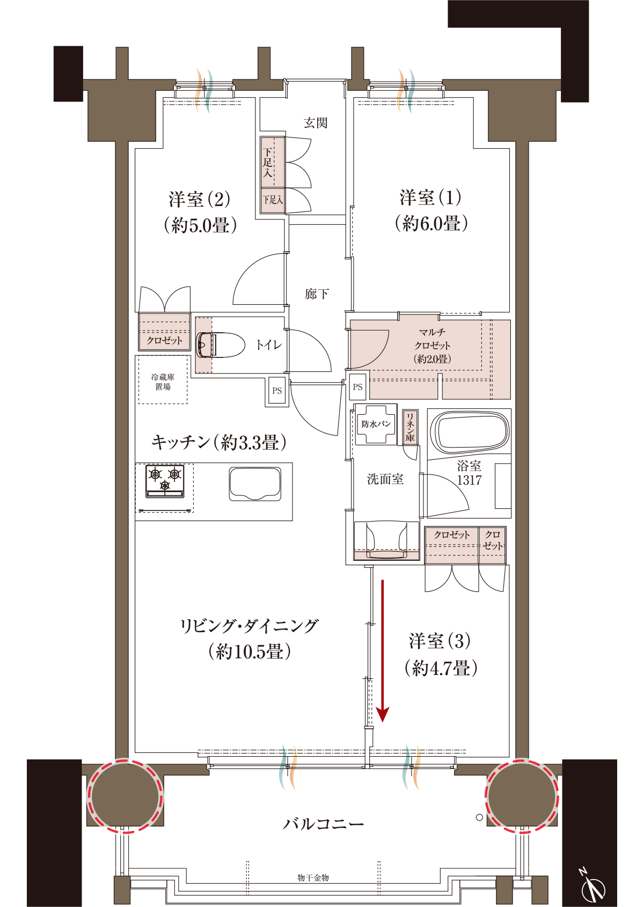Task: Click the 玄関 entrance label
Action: (316, 123)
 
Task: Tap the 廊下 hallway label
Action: (317, 294)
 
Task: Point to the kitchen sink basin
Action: (255, 484)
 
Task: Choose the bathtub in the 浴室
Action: (469, 433)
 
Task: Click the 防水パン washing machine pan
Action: (376, 424)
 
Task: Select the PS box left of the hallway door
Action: (277, 390)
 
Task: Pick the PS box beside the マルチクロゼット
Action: (357, 387)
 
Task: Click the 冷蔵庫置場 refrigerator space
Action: (163, 379)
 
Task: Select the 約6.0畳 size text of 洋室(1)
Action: (431, 223)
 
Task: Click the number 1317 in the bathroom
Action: (469, 480)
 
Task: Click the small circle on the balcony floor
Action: (479, 817)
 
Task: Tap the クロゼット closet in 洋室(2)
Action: (164, 332)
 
